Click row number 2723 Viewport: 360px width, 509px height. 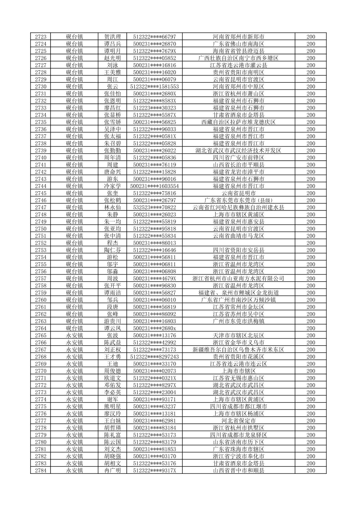pyautogui.click(x=41, y=37)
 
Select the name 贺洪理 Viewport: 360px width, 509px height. pyautogui.click(x=112, y=37)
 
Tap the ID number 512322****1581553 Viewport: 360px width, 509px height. pyautogui.click(x=154, y=86)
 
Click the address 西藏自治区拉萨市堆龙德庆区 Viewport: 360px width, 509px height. pyautogui.click(x=238, y=122)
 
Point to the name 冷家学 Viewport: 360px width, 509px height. pyautogui.click(x=112, y=186)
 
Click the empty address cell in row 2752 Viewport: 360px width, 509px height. pyautogui.click(x=238, y=243)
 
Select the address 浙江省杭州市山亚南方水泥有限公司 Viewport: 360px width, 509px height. pyautogui.click(x=238, y=279)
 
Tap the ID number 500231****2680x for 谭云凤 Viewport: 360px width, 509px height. pyautogui.click(x=154, y=328)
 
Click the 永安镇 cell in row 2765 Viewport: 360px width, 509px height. pyautogui.click(x=74, y=336)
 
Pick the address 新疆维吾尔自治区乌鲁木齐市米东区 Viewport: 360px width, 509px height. pyautogui.click(x=238, y=350)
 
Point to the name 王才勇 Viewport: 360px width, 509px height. pyautogui.click(x=112, y=357)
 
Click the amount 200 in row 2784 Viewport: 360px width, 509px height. pyautogui.click(x=311, y=470)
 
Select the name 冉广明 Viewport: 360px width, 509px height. pyautogui.click(x=112, y=470)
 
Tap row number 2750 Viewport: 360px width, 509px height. pyautogui.click(x=41, y=229)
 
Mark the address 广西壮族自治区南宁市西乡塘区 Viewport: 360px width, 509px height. pyautogui.click(x=238, y=58)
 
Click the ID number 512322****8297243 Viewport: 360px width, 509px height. pyautogui.click(x=154, y=357)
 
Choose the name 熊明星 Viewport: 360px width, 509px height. pyautogui.click(x=112, y=407)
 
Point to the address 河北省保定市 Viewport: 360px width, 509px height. pyautogui.click(x=238, y=421)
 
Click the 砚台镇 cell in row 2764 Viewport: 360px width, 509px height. pyautogui.click(x=74, y=328)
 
